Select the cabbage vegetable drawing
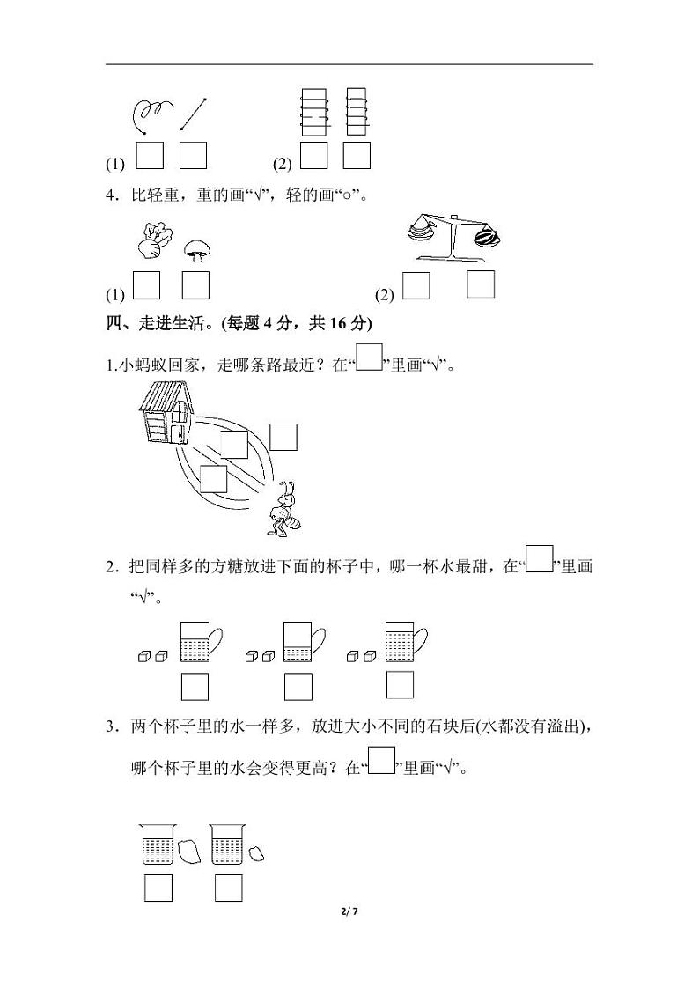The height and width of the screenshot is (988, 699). [154, 240]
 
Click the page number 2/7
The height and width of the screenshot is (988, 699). [349, 911]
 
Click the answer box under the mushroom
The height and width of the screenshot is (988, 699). [195, 286]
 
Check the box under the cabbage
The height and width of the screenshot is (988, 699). [148, 286]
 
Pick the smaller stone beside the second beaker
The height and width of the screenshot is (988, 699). [256, 852]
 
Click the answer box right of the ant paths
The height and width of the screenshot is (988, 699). [283, 438]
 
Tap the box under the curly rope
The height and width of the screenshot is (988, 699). [151, 155]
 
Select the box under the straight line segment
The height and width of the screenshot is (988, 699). [193, 155]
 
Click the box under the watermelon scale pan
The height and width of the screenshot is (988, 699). [481, 284]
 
